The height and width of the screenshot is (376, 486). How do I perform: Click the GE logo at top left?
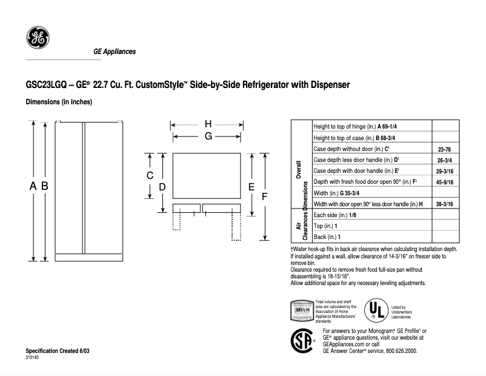point(38,38)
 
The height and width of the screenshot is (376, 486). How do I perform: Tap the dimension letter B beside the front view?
point(44,187)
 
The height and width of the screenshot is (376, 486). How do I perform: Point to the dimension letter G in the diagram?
point(208,137)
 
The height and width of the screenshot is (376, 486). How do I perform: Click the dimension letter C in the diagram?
point(150,176)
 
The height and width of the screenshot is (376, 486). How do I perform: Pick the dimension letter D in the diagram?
point(162,187)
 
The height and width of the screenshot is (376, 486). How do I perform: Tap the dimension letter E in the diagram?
point(250,187)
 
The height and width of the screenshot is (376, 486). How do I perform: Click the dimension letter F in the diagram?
point(264,197)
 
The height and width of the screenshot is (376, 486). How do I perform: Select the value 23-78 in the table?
point(445,149)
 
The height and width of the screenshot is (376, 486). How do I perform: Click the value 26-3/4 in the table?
point(445,160)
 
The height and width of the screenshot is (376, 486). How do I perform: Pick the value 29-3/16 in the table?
point(445,171)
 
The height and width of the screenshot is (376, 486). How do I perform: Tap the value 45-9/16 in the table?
point(445,182)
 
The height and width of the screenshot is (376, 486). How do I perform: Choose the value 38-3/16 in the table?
point(445,204)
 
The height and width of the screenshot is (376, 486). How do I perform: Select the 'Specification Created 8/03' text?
point(53,352)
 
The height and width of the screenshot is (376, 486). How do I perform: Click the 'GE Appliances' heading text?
point(115,52)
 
